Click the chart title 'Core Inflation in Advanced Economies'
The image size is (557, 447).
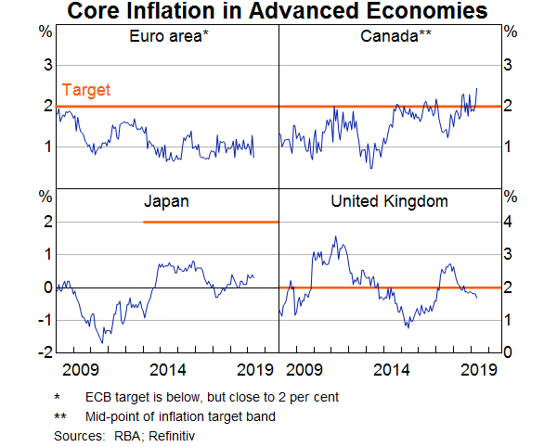(x=278, y=12)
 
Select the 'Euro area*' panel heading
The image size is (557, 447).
(x=168, y=37)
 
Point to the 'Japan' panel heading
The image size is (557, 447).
(x=167, y=200)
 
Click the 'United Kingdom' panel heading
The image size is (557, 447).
(x=391, y=200)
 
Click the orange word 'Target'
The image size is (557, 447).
(x=86, y=90)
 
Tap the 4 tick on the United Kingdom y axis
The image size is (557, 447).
(x=508, y=222)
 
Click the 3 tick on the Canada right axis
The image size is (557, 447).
(x=508, y=65)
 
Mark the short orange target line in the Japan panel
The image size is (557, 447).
(x=211, y=222)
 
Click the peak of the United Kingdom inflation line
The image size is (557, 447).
(x=336, y=236)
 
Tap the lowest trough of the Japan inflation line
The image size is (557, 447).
(x=102, y=342)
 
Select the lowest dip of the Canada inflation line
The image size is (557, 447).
(x=371, y=168)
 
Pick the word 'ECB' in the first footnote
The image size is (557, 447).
(x=98, y=397)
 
